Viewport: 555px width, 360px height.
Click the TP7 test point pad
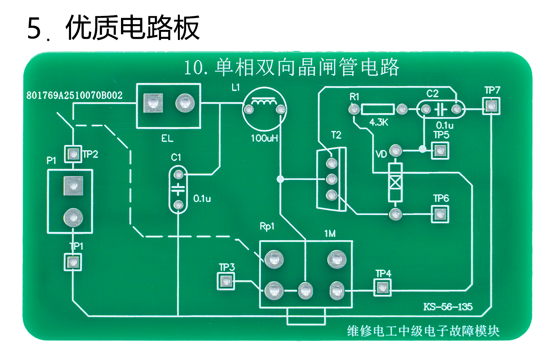[491, 106]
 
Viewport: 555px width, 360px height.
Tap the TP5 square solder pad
[440, 151]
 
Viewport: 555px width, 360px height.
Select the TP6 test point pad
[440, 214]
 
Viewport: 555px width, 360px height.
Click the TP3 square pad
[226, 282]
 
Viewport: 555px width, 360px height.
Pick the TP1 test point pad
[73, 262]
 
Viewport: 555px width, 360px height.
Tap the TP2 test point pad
[73, 154]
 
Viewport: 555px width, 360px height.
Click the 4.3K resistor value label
[379, 122]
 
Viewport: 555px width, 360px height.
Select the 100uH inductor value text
[264, 138]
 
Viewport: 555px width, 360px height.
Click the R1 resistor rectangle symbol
[378, 109]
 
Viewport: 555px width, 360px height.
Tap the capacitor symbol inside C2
[441, 110]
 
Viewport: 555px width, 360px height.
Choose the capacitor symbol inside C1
[178, 189]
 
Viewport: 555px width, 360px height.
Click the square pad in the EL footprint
[153, 103]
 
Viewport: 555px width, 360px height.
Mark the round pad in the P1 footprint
[73, 218]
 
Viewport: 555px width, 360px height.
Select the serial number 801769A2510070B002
[74, 95]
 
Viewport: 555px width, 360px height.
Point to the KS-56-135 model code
[448, 307]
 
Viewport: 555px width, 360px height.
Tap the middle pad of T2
[332, 179]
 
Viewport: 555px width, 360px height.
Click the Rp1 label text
[267, 226]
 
